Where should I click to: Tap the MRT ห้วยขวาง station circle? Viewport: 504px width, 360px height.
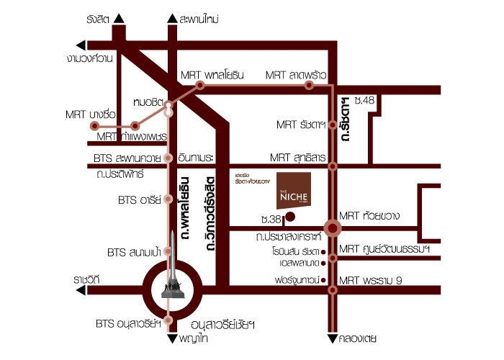[333, 229]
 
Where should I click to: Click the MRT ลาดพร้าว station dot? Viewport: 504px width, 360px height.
[309, 85]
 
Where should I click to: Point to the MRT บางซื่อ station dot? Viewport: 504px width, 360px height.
[95, 125]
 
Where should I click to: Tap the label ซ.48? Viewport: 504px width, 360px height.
[364, 100]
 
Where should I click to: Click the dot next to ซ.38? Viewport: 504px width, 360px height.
[290, 216]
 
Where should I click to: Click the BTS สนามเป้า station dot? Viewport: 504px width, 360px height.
[168, 252]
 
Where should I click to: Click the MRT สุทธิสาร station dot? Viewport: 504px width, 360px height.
[333, 166]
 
